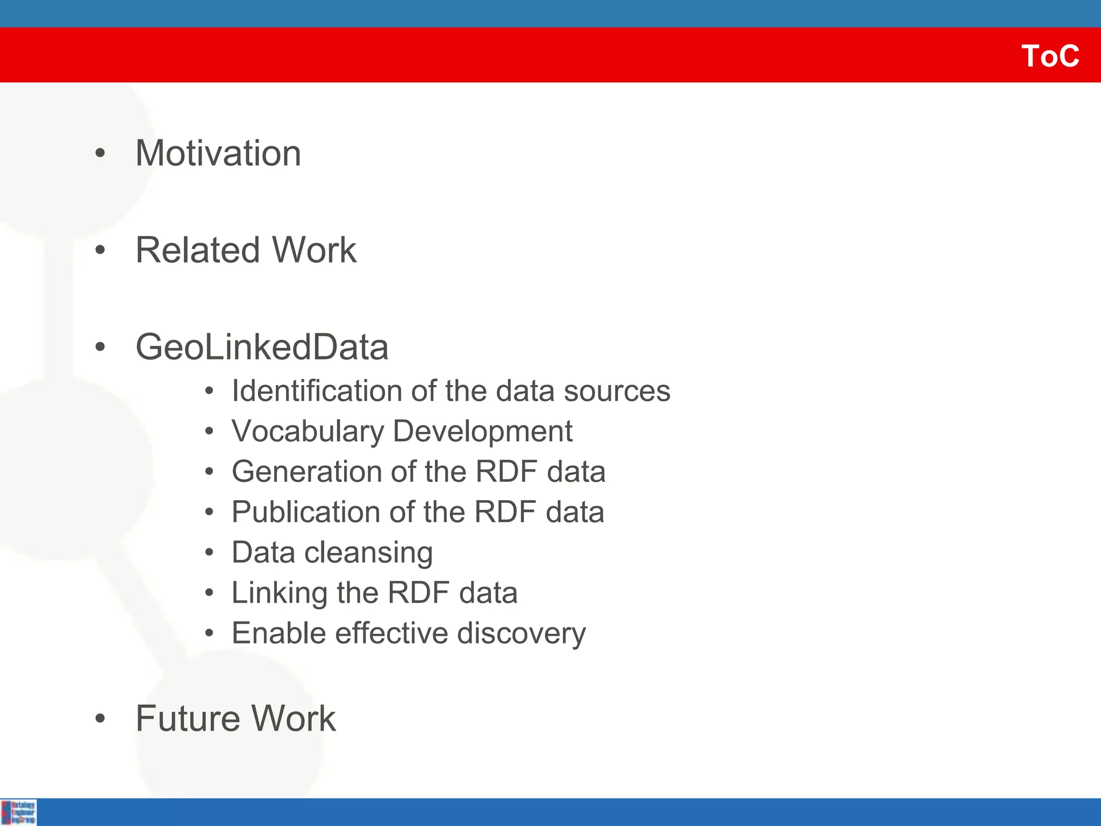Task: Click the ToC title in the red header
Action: click(x=1050, y=56)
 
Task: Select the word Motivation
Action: click(x=218, y=153)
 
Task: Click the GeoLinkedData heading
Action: click(x=262, y=347)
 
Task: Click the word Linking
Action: click(x=278, y=593)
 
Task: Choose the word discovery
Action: click(x=521, y=633)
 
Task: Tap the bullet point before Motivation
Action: click(x=100, y=154)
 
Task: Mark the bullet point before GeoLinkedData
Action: click(x=100, y=347)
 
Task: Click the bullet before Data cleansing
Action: click(x=209, y=553)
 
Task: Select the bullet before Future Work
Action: click(x=100, y=719)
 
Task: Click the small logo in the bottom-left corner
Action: click(x=18, y=812)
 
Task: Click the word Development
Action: click(x=482, y=431)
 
